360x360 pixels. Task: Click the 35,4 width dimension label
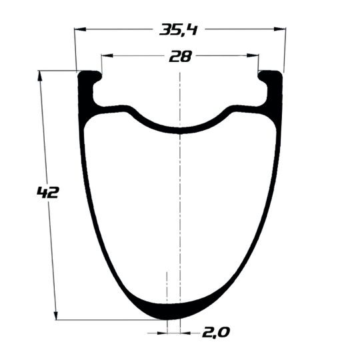tap(179, 30)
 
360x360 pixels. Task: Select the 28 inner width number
tap(180, 57)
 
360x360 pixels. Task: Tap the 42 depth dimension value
tap(48, 193)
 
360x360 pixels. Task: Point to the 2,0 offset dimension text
tap(216, 333)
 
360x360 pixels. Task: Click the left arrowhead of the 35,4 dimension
tap(80, 29)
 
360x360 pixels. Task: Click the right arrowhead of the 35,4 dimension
tap(280, 29)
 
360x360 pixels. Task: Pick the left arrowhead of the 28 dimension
tap(107, 55)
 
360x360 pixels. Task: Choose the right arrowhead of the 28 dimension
tap(253, 55)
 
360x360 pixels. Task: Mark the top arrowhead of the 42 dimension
tap(40, 76)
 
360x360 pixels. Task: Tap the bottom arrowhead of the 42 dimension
tap(56, 314)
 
